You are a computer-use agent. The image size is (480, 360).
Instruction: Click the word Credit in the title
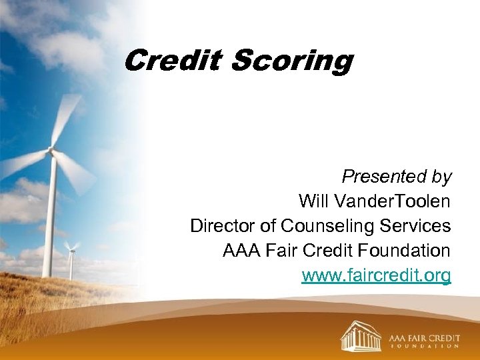click(173, 61)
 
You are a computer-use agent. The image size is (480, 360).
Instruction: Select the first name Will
click(312, 201)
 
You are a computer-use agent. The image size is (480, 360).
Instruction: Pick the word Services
click(415, 226)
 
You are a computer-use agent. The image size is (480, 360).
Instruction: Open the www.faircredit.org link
click(376, 275)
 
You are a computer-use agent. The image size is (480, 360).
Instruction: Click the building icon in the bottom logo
click(361, 335)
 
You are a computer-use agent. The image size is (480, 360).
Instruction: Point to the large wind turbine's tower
click(49, 220)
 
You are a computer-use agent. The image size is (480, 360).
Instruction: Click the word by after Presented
click(441, 177)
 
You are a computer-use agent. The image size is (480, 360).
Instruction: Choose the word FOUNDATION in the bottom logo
click(424, 345)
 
